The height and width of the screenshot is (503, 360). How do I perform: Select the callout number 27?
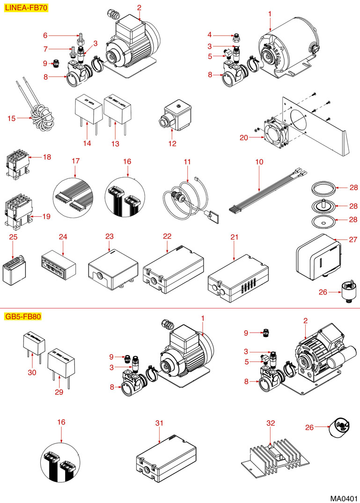[353, 240]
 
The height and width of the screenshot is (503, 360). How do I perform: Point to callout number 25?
[14, 237]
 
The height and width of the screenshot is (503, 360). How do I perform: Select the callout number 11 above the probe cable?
[188, 161]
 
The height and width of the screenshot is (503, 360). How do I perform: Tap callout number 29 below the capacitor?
[59, 392]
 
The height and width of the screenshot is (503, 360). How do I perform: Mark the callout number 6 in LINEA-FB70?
[45, 35]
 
